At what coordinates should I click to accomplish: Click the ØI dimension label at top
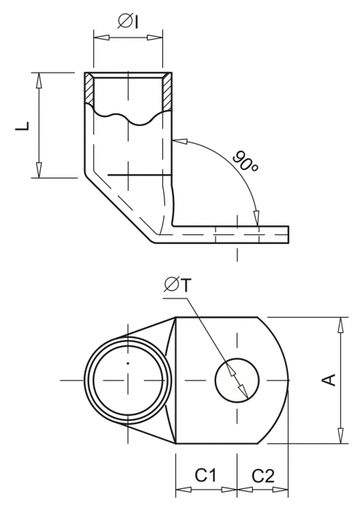tap(128, 21)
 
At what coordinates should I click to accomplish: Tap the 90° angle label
tap(244, 161)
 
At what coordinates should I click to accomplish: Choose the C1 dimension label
tap(205, 475)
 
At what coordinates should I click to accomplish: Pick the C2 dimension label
tap(263, 475)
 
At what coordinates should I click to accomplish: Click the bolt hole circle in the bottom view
tap(237, 380)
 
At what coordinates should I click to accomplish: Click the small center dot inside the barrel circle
tap(128, 363)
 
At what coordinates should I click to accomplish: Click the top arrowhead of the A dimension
tap(341, 324)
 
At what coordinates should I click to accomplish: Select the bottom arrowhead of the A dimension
tap(341, 436)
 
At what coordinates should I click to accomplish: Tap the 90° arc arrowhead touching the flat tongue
tap(256, 218)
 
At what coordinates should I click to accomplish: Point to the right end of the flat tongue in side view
tap(287, 235)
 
